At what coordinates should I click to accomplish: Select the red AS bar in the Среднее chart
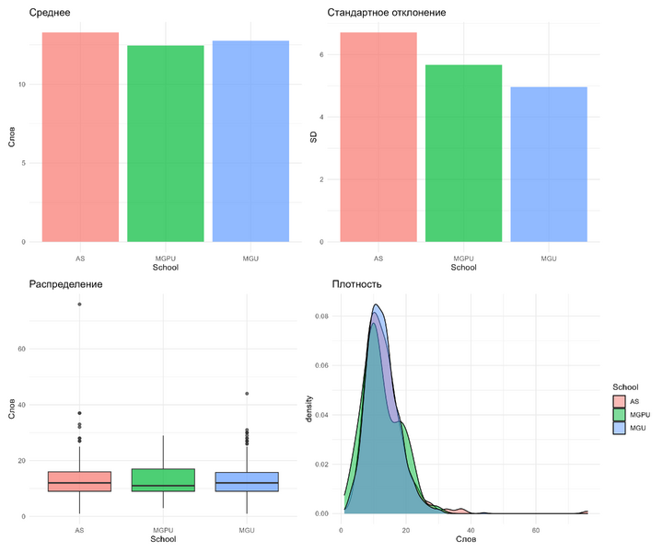pyautogui.click(x=81, y=137)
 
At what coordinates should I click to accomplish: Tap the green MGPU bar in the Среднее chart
pyautogui.click(x=166, y=144)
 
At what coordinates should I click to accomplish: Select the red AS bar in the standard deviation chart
pyautogui.click(x=378, y=137)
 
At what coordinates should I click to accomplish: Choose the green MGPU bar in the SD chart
pyautogui.click(x=463, y=153)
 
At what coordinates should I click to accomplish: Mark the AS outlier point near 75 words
pyautogui.click(x=79, y=304)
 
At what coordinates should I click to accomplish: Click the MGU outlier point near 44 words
pyautogui.click(x=246, y=394)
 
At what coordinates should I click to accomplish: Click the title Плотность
pyautogui.click(x=356, y=284)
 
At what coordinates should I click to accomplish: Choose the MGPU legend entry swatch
pyautogui.click(x=620, y=414)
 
